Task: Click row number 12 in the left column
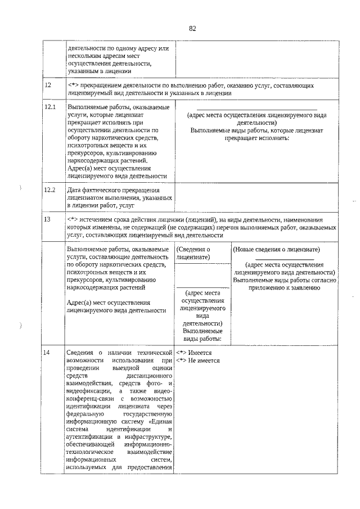[x=48, y=85]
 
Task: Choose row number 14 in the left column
[x=48, y=352]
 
